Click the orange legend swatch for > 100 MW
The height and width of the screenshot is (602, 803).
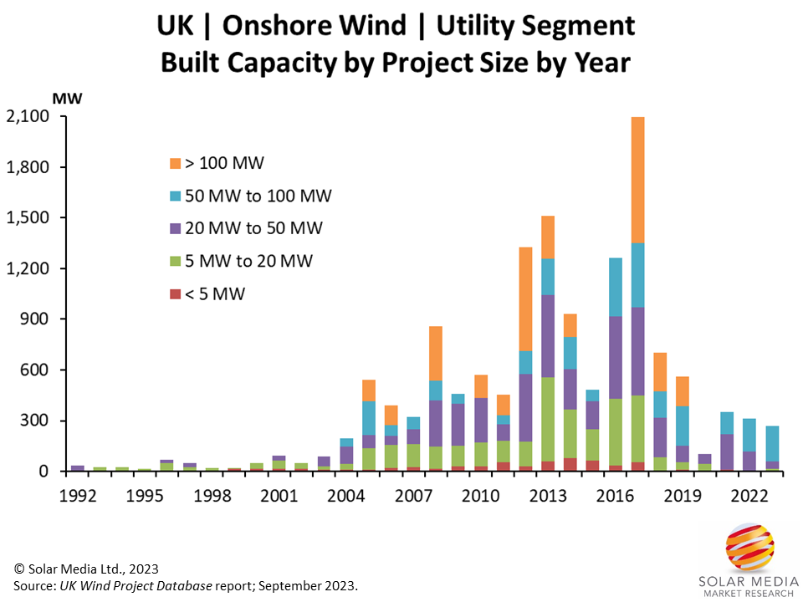(x=175, y=163)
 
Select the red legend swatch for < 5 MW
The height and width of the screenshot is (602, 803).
(x=175, y=293)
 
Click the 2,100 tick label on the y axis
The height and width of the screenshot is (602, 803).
(x=28, y=117)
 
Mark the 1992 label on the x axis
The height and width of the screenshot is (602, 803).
(x=78, y=493)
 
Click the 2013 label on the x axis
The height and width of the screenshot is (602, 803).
(x=549, y=493)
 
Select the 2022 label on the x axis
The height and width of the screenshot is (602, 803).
(x=750, y=493)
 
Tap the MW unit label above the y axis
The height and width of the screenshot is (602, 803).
(x=67, y=98)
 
